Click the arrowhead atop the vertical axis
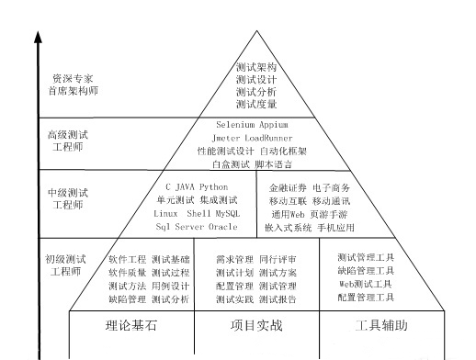click(39, 38)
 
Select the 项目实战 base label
click(255, 326)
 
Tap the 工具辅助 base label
click(380, 326)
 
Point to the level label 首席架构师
click(72, 92)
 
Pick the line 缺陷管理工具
click(365, 271)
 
